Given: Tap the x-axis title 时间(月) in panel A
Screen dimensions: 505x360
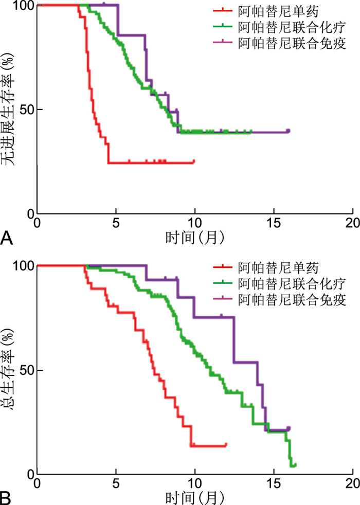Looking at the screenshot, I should point(194,238).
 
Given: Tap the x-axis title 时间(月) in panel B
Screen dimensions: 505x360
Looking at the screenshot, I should point(194,498).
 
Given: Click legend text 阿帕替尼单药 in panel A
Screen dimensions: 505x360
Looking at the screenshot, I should point(271,10).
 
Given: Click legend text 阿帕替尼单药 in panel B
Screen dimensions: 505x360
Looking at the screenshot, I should point(271,268).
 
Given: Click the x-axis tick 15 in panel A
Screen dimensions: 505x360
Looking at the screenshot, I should point(274,223).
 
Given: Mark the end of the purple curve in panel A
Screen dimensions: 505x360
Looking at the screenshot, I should point(289,131).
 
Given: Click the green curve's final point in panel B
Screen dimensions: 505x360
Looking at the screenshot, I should point(295,465).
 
